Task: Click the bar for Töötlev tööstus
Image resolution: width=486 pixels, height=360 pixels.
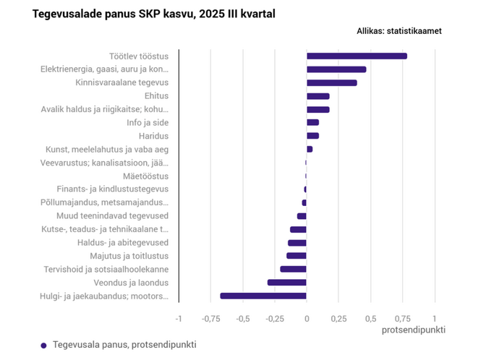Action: pos(357,56)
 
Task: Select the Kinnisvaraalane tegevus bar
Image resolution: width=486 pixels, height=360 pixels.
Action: pos(331,83)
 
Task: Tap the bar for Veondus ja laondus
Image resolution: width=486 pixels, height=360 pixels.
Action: pos(286,283)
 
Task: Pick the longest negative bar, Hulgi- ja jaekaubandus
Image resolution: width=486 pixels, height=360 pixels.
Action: pos(263,296)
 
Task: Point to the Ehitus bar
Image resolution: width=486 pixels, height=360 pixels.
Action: pos(317,96)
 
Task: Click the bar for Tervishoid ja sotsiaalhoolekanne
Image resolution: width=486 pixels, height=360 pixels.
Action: pos(293,269)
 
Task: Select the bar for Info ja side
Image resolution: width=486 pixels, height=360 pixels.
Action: pos(312,123)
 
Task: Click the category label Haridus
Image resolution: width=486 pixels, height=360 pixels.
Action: pos(153,136)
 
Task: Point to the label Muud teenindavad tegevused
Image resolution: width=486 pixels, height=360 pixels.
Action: pos(112,216)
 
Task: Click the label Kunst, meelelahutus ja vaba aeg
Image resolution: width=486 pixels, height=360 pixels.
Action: pos(107,150)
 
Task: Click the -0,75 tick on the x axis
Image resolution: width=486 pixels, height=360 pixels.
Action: pos(210,318)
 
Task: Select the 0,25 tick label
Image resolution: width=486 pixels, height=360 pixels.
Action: pos(338,318)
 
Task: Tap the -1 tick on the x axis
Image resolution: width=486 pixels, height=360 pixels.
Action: pos(179,318)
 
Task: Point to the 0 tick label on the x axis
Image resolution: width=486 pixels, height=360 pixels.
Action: pos(307,318)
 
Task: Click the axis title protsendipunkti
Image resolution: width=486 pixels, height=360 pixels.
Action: pos(413,330)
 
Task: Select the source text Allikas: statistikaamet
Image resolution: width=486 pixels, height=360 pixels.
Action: pos(399,31)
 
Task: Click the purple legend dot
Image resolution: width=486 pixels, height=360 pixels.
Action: pos(43,346)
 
